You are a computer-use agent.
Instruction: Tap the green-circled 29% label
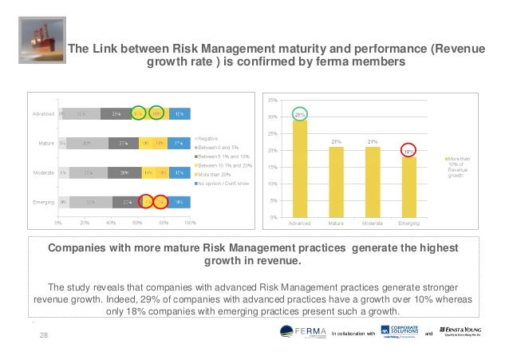(x=299, y=114)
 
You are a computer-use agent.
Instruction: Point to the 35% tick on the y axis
(x=272, y=100)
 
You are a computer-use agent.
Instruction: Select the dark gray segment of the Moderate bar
(x=124, y=172)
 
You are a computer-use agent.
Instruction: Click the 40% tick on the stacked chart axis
(x=111, y=222)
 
